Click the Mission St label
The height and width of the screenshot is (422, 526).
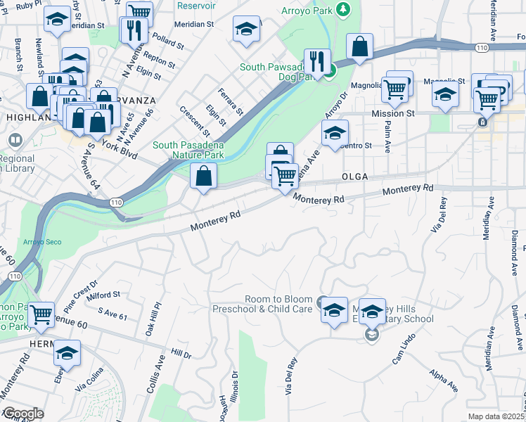point(392,113)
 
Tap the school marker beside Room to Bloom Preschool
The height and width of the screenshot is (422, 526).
point(334,309)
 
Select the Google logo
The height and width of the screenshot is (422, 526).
point(23,414)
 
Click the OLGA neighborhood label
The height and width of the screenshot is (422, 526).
point(355,176)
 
